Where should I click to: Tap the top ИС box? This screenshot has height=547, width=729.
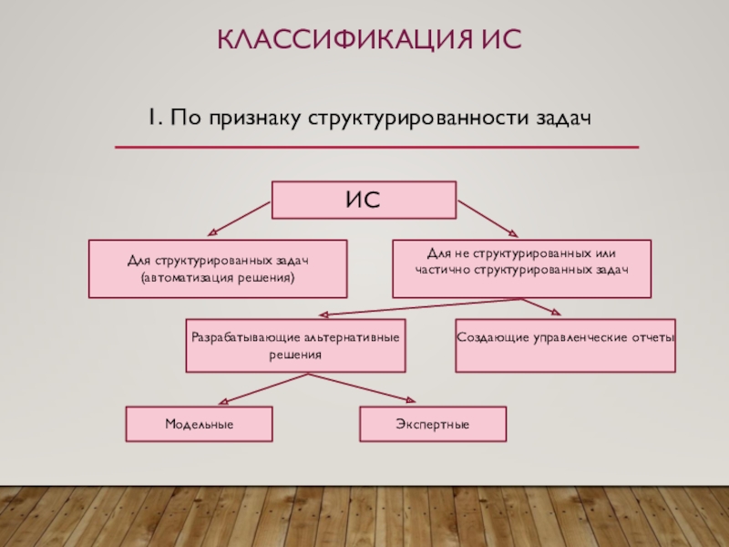pyautogui.click(x=364, y=200)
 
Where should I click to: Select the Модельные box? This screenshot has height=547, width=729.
pyautogui.click(x=199, y=425)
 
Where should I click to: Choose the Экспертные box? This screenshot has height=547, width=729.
pyautogui.click(x=432, y=425)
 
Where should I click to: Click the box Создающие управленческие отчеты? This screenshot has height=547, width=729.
pyautogui.click(x=565, y=346)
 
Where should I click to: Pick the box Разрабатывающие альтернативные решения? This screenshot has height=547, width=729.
pyautogui.click(x=295, y=346)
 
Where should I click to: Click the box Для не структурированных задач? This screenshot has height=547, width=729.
pyautogui.click(x=521, y=269)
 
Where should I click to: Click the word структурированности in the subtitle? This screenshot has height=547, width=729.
pyautogui.click(x=425, y=119)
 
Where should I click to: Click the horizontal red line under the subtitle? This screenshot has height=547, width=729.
pyautogui.click(x=376, y=147)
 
